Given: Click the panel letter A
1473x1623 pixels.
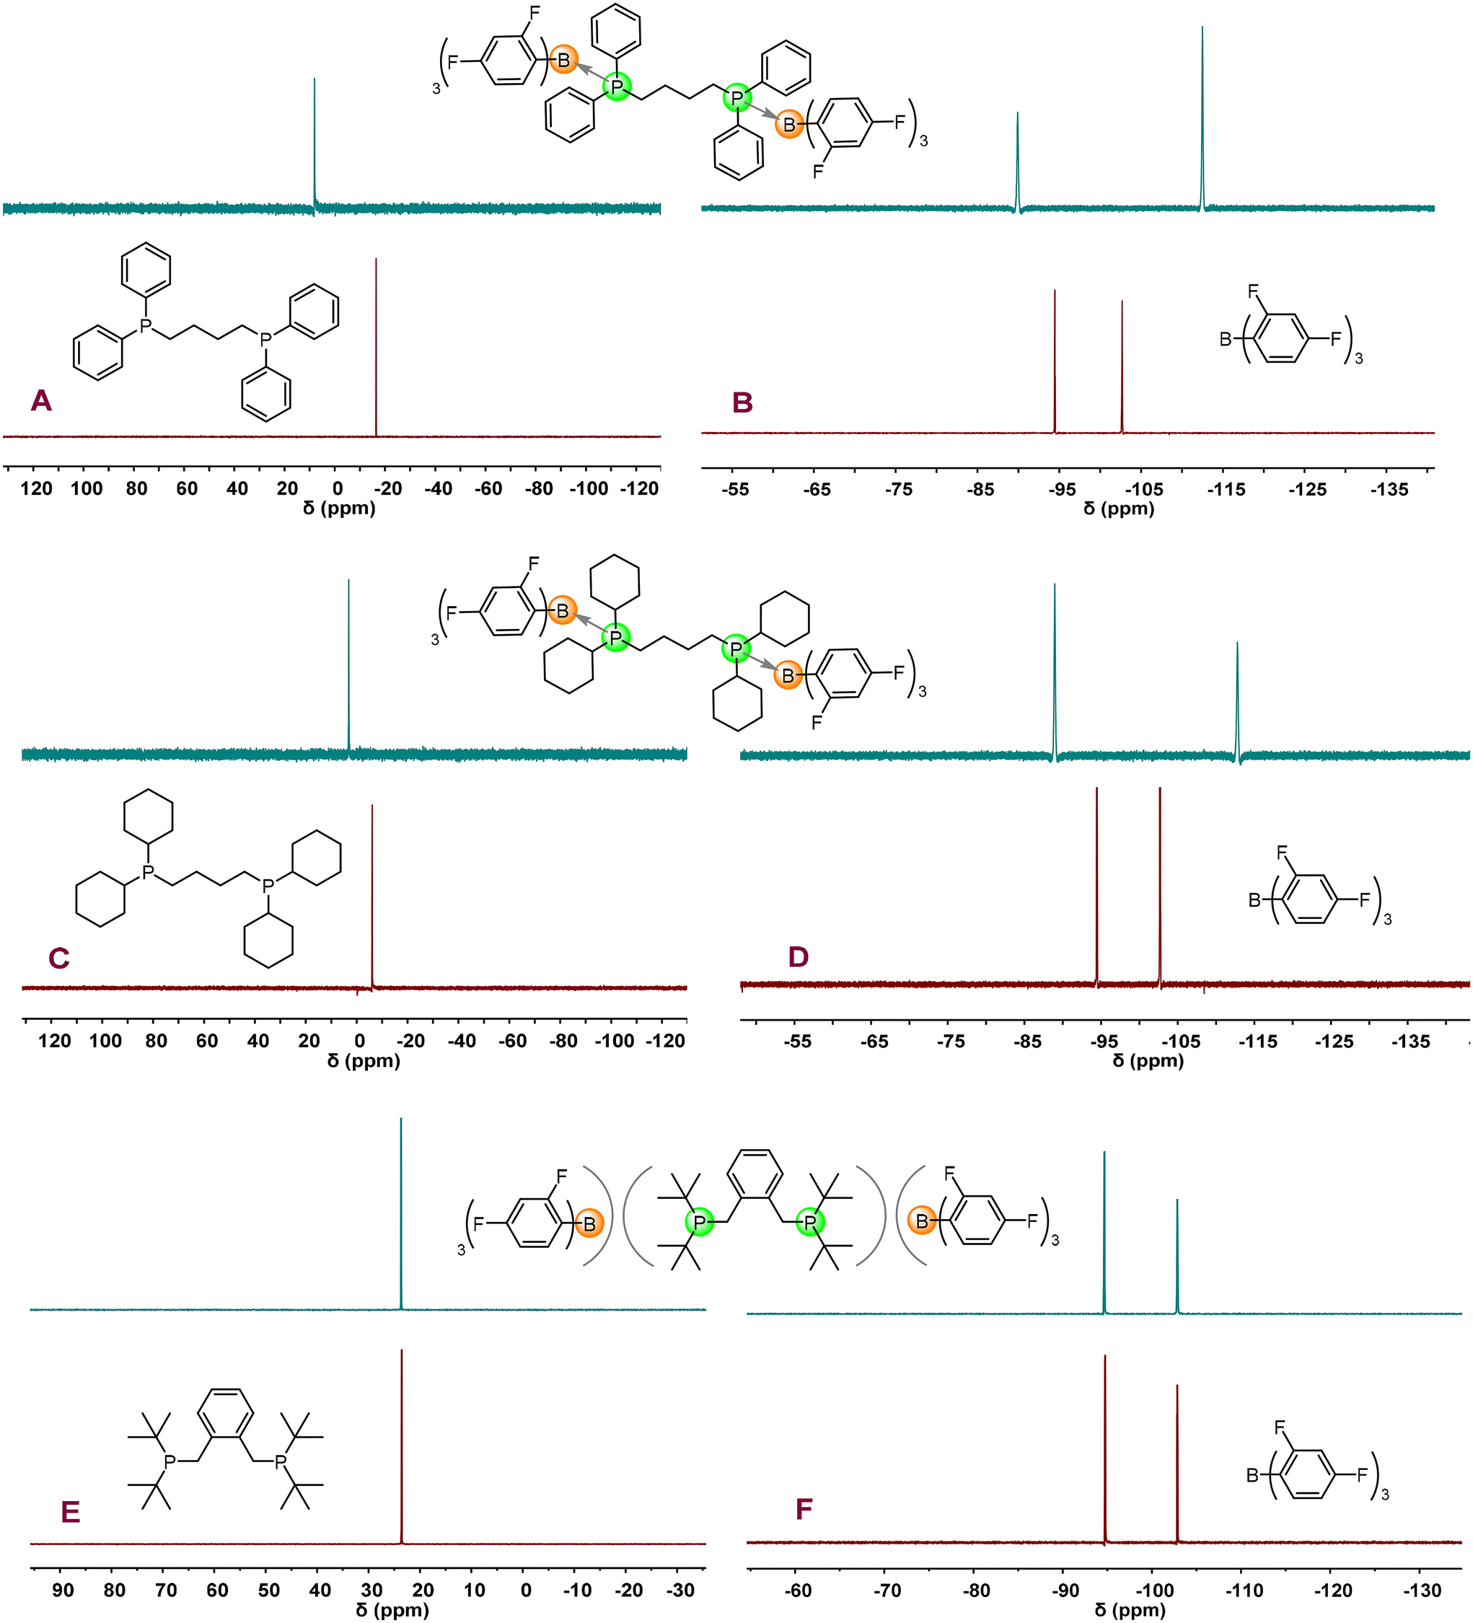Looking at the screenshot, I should click(41, 400).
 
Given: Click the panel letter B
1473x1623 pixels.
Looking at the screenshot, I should click(742, 402).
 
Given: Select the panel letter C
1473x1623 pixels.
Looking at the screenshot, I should click(58, 958).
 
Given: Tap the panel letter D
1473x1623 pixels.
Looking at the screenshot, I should click(798, 956).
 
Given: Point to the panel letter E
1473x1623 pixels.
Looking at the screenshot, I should click(71, 1512).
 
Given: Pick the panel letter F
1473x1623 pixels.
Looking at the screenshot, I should click(804, 1509).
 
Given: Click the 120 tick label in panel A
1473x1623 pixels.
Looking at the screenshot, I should click(36, 488).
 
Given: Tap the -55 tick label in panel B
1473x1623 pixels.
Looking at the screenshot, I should click(735, 490).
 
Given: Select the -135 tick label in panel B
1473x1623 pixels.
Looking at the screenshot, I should click(1389, 490).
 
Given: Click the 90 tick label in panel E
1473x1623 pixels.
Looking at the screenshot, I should click(63, 1590).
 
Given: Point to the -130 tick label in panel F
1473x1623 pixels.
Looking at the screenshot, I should click(1422, 1590).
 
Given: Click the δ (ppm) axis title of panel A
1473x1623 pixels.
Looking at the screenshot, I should click(339, 509).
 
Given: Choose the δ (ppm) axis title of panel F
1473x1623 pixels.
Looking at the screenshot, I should click(1130, 1609).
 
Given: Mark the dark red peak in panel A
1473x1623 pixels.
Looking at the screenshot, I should click(376, 346).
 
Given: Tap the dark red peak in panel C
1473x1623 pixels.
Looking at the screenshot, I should click(372, 894).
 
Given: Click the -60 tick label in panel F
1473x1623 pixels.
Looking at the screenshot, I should click(798, 1590).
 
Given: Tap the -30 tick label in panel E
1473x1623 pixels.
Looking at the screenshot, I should click(680, 1590).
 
